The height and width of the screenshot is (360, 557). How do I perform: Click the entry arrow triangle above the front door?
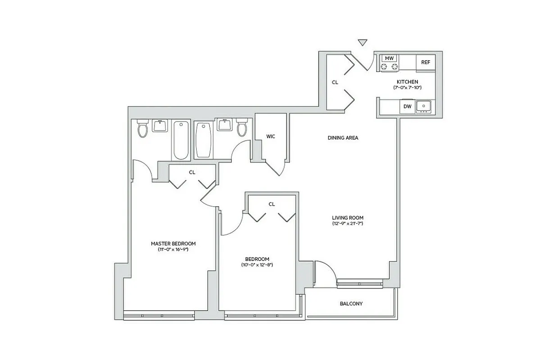[362, 43]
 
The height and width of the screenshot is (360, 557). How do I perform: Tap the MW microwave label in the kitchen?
[389, 58]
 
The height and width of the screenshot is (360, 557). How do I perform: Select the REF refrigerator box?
[426, 63]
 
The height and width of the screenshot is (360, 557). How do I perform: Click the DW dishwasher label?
[407, 107]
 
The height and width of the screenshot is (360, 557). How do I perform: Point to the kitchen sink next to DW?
[423, 106]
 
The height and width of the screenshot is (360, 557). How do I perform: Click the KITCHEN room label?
[407, 81]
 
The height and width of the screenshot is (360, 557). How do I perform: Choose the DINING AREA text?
[343, 138]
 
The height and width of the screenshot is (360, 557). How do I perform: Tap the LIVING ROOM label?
[348, 218]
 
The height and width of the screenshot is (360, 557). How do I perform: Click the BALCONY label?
[351, 304]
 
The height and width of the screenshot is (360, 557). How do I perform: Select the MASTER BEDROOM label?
[173, 243]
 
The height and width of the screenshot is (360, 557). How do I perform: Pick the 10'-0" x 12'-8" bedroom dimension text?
[257, 265]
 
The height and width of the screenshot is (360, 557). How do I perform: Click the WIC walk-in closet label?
[271, 136]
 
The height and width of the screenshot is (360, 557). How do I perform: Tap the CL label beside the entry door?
[335, 82]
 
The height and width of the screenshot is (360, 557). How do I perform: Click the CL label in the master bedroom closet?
[192, 172]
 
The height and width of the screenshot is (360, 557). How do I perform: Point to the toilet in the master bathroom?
[143, 129]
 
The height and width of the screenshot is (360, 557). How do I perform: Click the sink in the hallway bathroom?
[224, 124]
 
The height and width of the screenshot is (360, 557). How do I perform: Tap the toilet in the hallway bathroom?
[242, 128]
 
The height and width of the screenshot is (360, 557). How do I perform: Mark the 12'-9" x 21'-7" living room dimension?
[348, 223]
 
